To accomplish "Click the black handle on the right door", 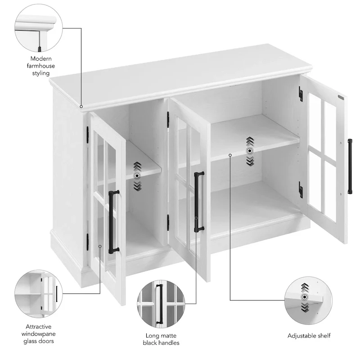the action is pyautogui.click(x=350, y=166).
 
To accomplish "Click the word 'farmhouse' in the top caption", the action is pyautogui.click(x=41, y=66).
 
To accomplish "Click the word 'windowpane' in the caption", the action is pyautogui.click(x=39, y=334).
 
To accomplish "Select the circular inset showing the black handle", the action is pyautogui.click(x=161, y=304).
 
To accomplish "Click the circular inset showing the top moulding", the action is pyautogui.click(x=39, y=28).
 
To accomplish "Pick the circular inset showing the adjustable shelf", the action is pyautogui.click(x=308, y=300).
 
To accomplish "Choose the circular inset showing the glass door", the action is pyautogui.click(x=39, y=294).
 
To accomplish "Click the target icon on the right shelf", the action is pyautogui.click(x=250, y=151).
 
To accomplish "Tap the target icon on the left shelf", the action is pyautogui.click(x=137, y=176).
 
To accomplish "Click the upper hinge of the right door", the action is pyautogui.click(x=301, y=94).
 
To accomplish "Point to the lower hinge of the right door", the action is pyautogui.click(x=301, y=189).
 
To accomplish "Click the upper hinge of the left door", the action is pyautogui.click(x=87, y=135).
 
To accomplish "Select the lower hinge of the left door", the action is pyautogui.click(x=87, y=242).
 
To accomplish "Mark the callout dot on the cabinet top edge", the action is pyautogui.click(x=81, y=107).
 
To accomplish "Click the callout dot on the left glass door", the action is pyautogui.click(x=100, y=246).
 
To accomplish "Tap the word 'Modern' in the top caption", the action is pyautogui.click(x=41, y=59).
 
